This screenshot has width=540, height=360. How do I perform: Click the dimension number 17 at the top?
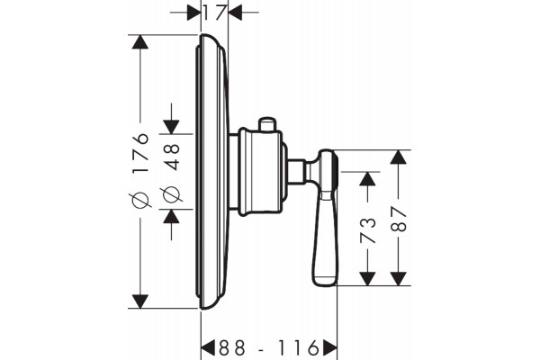tap(214, 13)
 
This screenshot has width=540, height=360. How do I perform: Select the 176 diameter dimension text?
tap(141, 153)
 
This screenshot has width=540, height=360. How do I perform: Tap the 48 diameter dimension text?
tap(171, 157)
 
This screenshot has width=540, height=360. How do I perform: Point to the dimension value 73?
tap(367, 230)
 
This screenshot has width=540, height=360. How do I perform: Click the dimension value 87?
tap(399, 219)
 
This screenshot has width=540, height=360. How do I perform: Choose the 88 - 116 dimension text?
tap(269, 348)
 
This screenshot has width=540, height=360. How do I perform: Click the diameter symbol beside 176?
tap(140, 200)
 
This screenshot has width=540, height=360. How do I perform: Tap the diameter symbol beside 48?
tap(171, 195)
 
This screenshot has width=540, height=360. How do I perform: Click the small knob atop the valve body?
tap(267, 124)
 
